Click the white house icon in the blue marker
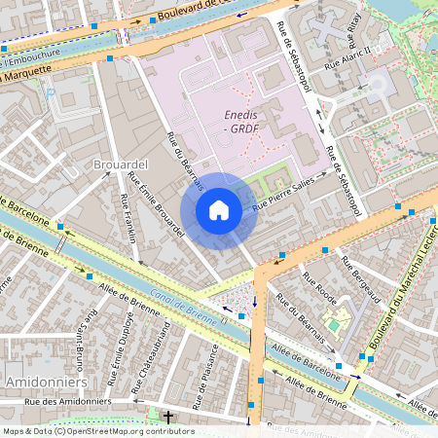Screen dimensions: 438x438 219,209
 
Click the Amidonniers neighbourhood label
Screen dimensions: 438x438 40,382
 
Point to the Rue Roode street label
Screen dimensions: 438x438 318,287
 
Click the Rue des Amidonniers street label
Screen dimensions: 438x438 64,401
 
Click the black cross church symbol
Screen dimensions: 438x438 168,417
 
